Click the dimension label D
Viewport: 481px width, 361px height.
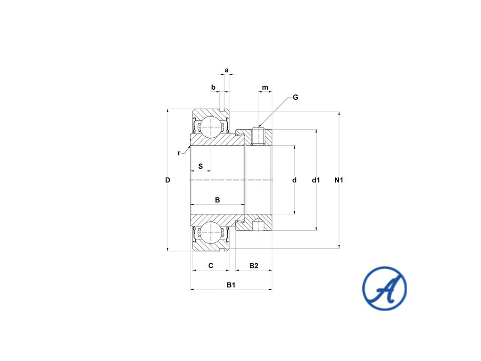(167, 180)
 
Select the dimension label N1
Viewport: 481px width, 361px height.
(339, 180)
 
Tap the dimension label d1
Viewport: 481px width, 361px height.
(316, 180)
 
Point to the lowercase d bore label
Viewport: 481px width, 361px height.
(295, 180)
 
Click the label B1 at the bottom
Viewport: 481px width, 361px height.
(231, 285)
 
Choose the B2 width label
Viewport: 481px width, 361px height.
(254, 266)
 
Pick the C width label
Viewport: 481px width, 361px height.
(211, 266)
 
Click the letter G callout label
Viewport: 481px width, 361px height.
(295, 97)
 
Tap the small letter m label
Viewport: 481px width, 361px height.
(265, 87)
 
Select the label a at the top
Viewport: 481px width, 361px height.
(226, 70)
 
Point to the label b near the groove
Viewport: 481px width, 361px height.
(213, 87)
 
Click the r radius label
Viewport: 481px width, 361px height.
(179, 153)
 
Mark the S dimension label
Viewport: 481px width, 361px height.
(201, 166)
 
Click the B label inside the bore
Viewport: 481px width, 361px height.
(217, 200)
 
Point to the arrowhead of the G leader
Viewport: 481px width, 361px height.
(260, 127)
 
